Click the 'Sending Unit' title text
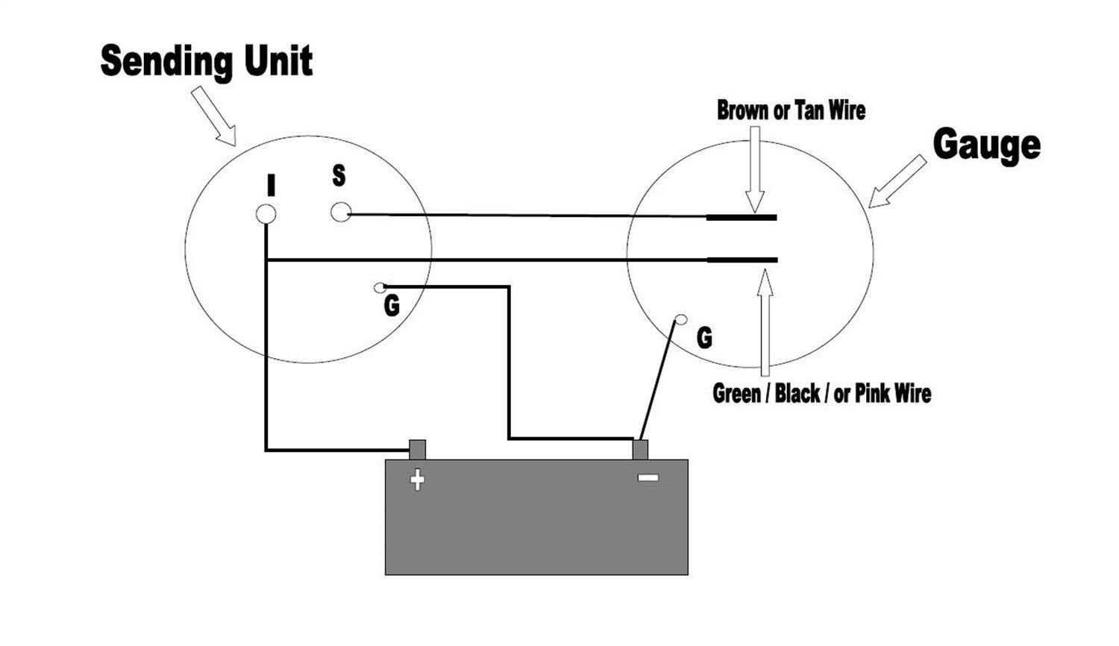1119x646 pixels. coord(206,62)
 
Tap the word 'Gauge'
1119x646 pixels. coord(986,145)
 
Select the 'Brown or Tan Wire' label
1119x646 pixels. coord(791,110)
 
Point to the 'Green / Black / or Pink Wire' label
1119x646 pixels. coord(821,392)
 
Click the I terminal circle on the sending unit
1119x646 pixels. coord(266,214)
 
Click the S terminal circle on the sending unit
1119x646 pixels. coord(340,212)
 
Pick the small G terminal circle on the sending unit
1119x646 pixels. coord(380,287)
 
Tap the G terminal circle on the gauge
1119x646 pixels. coord(680,320)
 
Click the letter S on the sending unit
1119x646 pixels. coord(339,176)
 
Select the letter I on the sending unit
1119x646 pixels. coord(271,185)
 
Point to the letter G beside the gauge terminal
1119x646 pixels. coord(704,338)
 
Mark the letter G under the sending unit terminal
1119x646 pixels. coord(392,306)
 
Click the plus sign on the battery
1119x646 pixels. coord(418,480)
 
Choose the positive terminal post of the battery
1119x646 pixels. coord(418,449)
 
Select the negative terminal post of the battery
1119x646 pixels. coord(640,449)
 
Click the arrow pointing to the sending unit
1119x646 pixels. coord(215,116)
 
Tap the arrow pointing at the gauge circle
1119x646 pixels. coord(897,181)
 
